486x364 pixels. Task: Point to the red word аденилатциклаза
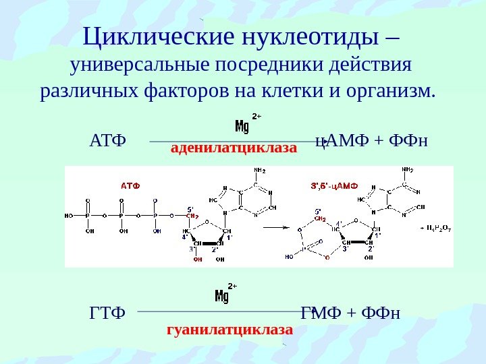234,147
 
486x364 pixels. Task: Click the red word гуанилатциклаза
230,330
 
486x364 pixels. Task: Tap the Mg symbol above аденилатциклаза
242,126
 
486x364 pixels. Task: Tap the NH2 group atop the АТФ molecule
259,171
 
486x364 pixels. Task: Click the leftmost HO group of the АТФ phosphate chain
69,216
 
